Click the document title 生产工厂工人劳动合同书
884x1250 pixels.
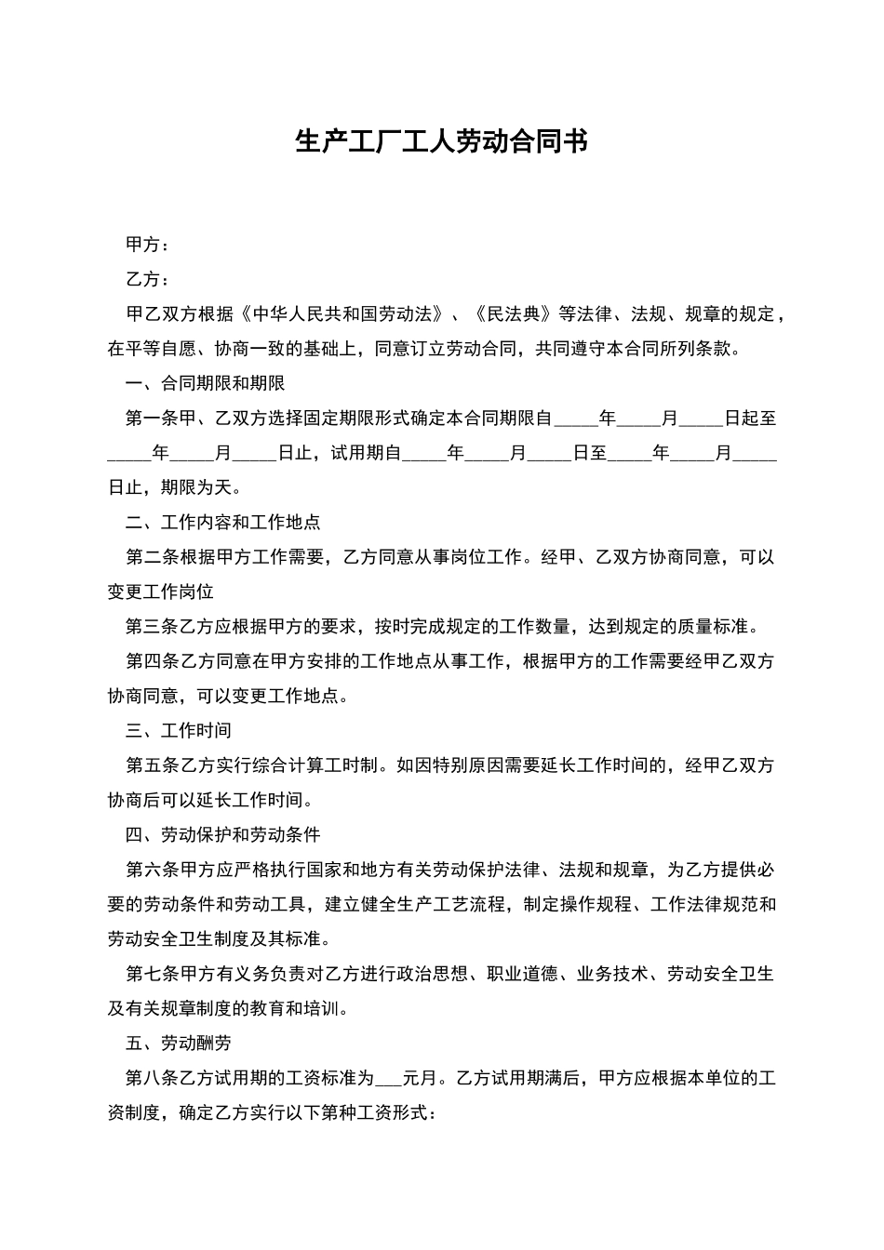click(441, 142)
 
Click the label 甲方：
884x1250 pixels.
click(148, 245)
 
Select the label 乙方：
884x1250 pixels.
click(148, 279)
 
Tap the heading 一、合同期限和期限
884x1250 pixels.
click(205, 383)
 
